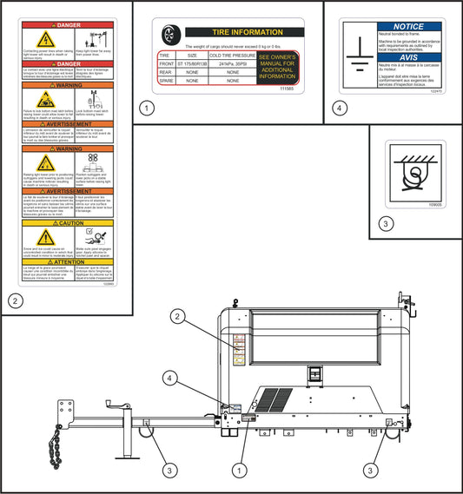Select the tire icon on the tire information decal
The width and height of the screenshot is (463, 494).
[x=170, y=34]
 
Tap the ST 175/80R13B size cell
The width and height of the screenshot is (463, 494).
[x=193, y=63]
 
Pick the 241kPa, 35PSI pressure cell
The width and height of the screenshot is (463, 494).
[x=233, y=63]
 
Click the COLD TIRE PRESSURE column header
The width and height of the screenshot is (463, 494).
[x=233, y=54]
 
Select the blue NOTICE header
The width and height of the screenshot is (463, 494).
[x=408, y=27]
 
